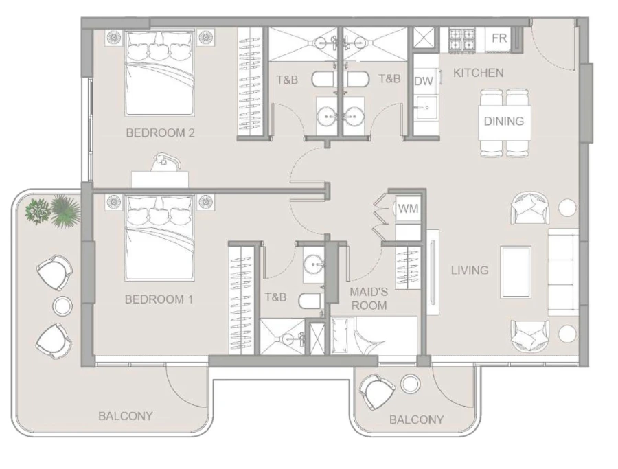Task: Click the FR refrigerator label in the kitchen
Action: click(x=499, y=39)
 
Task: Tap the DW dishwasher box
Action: click(x=424, y=81)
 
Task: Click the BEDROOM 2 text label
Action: click(x=160, y=133)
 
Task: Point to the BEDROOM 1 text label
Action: click(x=159, y=299)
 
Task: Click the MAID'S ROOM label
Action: click(x=369, y=298)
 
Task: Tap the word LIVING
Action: click(x=470, y=270)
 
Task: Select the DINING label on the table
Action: click(x=503, y=122)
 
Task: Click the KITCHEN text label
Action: click(x=479, y=73)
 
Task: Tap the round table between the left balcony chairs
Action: click(x=62, y=306)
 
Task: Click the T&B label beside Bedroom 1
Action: click(x=275, y=297)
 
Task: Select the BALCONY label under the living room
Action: click(x=416, y=420)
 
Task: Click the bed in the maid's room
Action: click(x=374, y=336)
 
